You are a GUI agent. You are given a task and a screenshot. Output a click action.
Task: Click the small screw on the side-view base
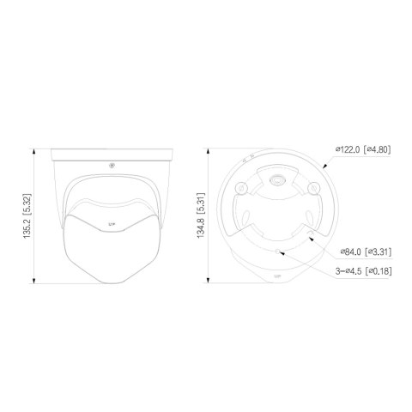pos(111,165)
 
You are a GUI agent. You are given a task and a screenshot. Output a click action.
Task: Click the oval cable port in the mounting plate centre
pos(276,180)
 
